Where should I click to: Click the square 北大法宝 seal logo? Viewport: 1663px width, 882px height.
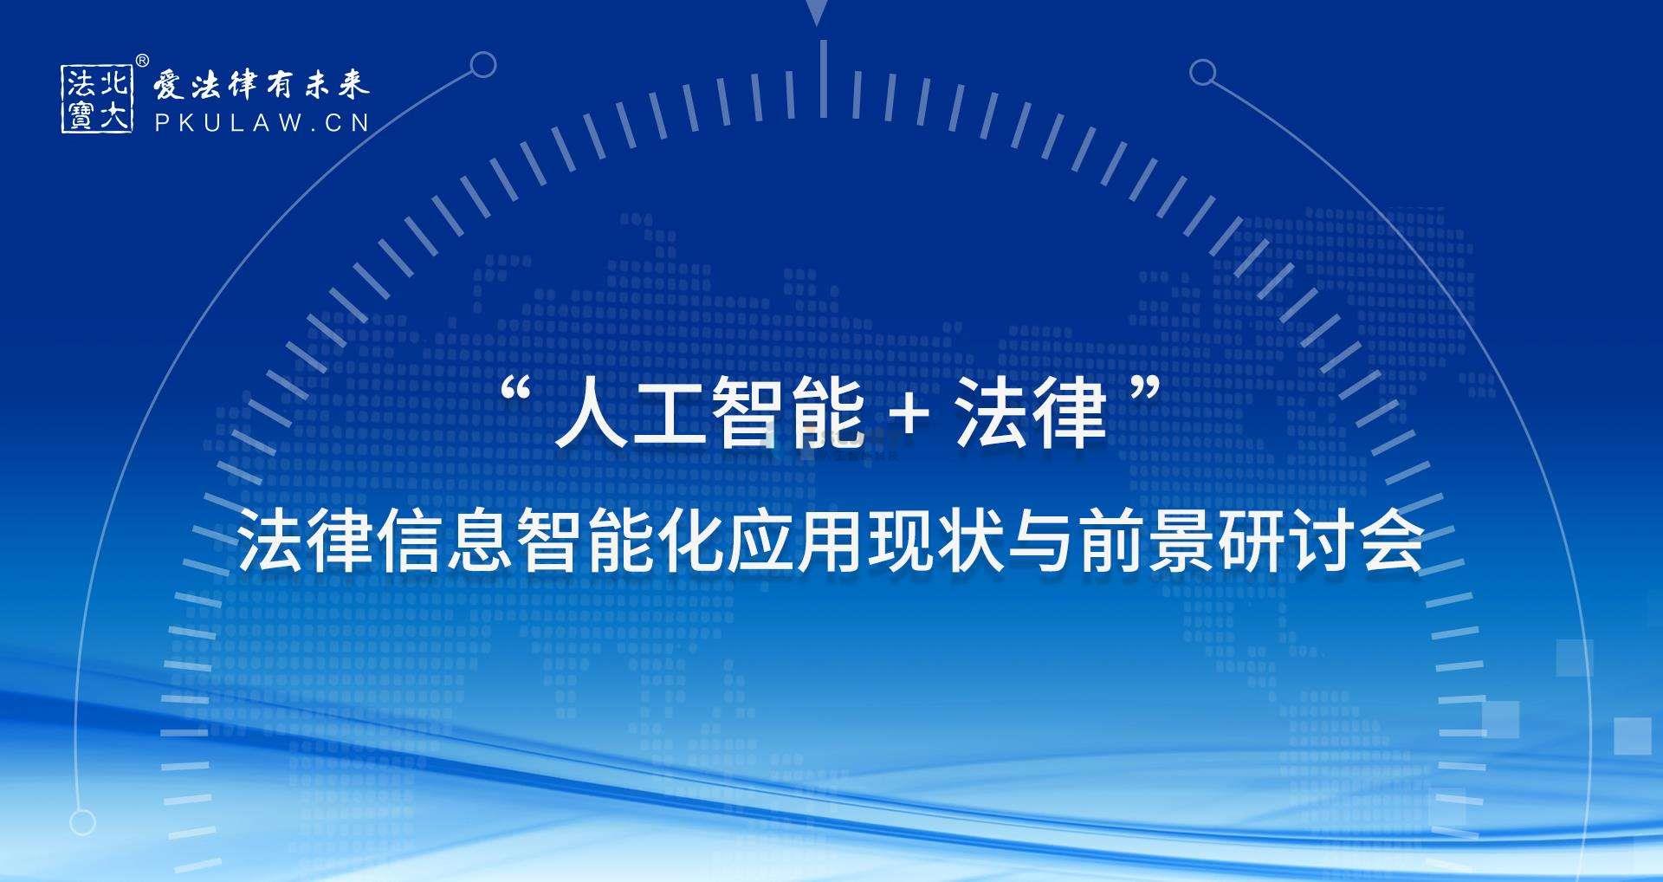tap(97, 99)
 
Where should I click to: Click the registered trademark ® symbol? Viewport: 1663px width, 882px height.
tap(143, 60)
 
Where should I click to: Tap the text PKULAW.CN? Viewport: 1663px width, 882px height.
tap(262, 123)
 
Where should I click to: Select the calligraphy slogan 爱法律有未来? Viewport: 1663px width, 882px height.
tap(261, 85)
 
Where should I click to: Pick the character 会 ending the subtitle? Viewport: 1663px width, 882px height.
tap(1393, 542)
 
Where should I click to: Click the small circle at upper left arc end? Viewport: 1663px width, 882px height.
tap(483, 64)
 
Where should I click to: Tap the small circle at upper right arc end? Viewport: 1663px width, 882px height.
tap(1202, 72)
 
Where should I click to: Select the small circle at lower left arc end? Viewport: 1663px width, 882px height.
tap(82, 821)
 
